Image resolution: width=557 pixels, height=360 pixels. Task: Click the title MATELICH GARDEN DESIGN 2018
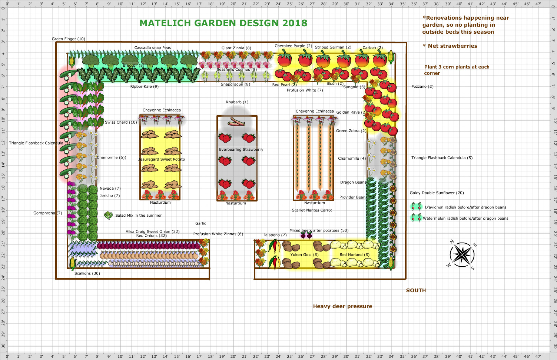223,23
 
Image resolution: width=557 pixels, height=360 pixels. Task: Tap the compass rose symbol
462,255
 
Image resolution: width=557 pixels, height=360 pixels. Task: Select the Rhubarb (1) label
237,102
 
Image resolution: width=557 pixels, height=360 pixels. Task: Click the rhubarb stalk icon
237,121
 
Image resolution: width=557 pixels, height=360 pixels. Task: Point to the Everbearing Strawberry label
241,150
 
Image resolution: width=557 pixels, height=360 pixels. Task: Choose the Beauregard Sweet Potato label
161,159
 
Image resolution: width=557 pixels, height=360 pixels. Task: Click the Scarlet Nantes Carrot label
312,210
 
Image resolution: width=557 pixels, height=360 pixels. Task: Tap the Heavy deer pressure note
342,306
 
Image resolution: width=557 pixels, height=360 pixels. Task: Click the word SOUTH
416,291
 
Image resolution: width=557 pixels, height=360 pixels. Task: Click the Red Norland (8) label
354,255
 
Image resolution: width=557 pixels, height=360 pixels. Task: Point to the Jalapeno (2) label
275,235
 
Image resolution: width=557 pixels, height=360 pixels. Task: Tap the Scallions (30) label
87,274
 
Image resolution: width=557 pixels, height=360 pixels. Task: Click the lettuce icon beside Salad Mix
108,215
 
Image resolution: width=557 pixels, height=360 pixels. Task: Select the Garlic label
200,224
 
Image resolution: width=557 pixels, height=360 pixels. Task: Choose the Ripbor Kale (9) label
144,87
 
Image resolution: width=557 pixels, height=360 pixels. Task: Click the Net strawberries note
450,46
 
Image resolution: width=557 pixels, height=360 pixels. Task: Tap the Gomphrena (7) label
47,213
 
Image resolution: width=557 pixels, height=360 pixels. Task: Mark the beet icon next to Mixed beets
306,235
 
